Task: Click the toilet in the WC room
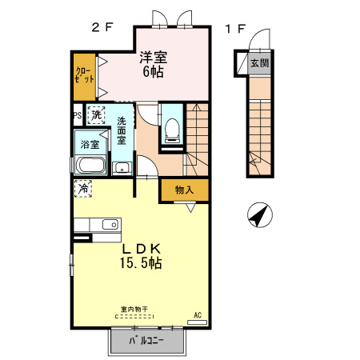tap(172, 130)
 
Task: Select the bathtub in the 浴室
tap(90, 166)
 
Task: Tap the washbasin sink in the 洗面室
tap(122, 169)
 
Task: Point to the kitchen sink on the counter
tap(110, 225)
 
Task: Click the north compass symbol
tap(260, 214)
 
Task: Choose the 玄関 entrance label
tap(259, 63)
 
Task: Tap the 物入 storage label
tap(184, 190)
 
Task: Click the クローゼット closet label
tap(85, 75)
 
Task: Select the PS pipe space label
tap(78, 115)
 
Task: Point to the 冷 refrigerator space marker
tap(83, 189)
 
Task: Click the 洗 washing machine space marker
tap(96, 115)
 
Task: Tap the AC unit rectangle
tap(198, 322)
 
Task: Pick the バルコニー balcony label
tap(146, 341)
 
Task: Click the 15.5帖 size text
tap(141, 263)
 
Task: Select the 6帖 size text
tap(153, 71)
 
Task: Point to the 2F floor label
tap(102, 27)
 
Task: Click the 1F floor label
tap(235, 29)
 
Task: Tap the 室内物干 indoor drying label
tap(134, 310)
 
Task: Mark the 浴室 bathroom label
tap(90, 145)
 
